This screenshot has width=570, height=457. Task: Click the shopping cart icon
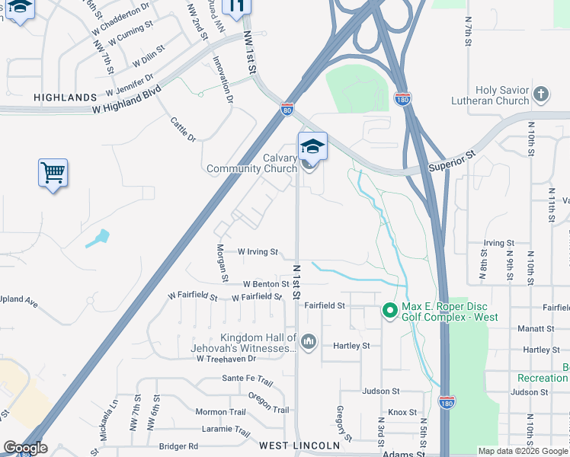pyautogui.click(x=53, y=173)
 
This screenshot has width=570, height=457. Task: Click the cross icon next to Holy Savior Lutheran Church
pyautogui.click(x=540, y=94)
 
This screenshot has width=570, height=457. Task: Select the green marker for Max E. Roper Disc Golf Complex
pyautogui.click(x=390, y=311)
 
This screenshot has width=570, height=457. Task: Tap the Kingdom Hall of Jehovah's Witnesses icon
pyautogui.click(x=308, y=342)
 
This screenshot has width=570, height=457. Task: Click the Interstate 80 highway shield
pyautogui.click(x=287, y=110)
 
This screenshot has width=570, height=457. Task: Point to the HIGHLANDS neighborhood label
pyautogui.click(x=66, y=97)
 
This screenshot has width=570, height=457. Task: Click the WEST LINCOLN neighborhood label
pyautogui.click(x=299, y=445)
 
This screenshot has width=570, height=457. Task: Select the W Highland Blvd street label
pyautogui.click(x=127, y=100)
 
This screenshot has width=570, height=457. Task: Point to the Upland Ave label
pyautogui.click(x=18, y=302)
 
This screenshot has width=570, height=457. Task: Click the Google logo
pyautogui.click(x=24, y=448)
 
